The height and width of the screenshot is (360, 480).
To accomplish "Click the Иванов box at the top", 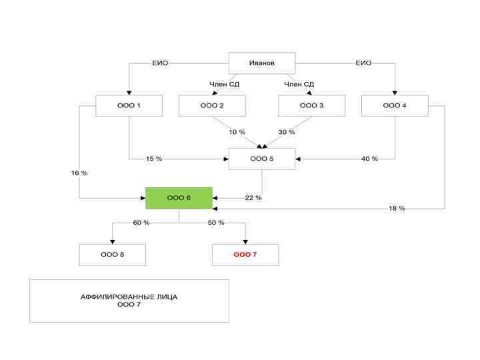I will click(262, 63).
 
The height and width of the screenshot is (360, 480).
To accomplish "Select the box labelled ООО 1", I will click(129, 105).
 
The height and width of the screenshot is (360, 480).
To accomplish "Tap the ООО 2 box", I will click(212, 105).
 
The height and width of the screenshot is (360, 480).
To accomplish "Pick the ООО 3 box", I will click(311, 105).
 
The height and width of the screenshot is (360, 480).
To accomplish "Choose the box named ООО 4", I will click(395, 105).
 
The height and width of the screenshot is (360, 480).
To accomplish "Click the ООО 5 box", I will click(262, 159).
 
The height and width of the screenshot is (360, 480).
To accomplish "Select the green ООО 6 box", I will click(179, 198).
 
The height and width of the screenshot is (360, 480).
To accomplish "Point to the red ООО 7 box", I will click(245, 255).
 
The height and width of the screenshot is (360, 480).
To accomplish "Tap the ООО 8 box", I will click(113, 255).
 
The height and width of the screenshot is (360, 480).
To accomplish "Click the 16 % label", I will click(79, 173).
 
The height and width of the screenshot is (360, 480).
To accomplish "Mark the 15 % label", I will click(154, 159).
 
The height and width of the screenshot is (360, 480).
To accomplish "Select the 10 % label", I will click(237, 132).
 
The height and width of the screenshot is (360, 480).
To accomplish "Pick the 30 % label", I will click(287, 132).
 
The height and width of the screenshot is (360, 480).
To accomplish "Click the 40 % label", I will click(369, 159).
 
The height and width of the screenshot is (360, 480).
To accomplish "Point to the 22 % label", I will click(253, 198).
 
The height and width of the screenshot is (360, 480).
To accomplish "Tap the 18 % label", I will click(397, 209).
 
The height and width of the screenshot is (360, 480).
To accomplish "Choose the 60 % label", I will click(141, 223).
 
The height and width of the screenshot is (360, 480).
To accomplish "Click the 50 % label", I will click(216, 223).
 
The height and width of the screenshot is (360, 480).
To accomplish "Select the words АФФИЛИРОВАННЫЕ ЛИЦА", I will click(129, 296).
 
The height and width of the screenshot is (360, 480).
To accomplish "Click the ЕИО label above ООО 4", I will click(363, 63).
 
